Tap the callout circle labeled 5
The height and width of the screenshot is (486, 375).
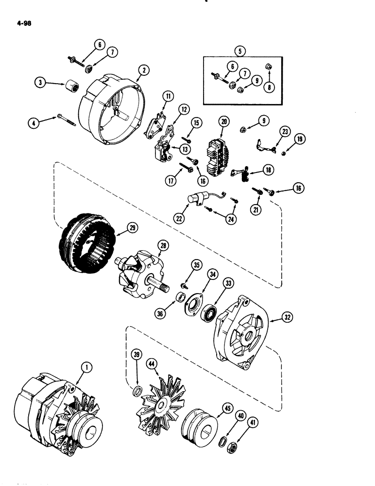239,50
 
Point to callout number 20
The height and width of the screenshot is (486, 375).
223,121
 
